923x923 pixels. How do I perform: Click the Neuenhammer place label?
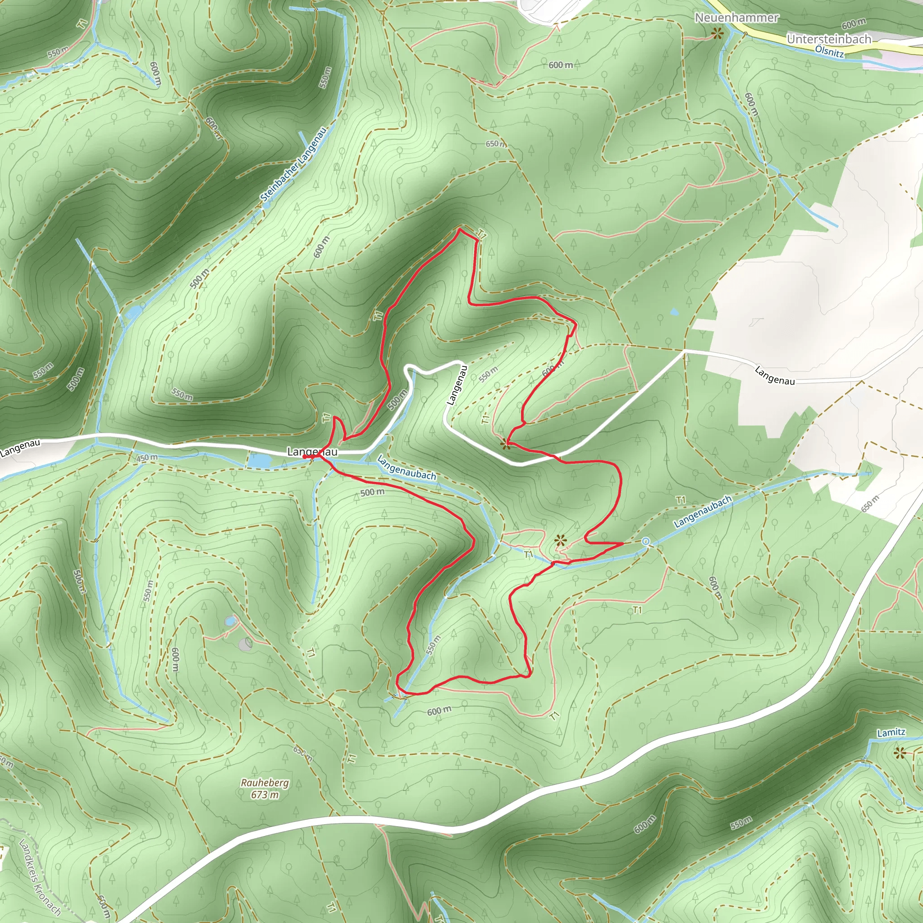pos(736,18)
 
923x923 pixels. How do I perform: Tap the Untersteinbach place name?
pos(829,39)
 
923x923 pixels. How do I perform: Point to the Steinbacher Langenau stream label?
pos(293,164)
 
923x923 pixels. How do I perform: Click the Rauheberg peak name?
pos(265,782)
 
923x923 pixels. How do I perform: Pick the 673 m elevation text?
pos(265,795)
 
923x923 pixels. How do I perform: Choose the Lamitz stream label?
pos(891,732)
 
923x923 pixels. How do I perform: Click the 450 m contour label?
pos(146,458)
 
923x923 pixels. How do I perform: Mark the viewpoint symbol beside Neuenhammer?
pos(717,33)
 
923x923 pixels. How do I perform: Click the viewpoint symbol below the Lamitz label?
pos(900,754)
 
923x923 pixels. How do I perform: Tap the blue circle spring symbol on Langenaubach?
pos(646,541)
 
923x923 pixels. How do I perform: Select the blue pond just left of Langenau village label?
pos(260,461)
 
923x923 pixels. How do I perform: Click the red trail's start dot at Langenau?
pos(304,457)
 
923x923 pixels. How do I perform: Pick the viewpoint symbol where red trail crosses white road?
pos(506,444)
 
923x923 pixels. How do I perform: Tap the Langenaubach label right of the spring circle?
pos(702,512)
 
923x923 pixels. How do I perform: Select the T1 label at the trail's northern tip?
pos(482,234)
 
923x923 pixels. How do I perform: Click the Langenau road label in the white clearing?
pos(774,375)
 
